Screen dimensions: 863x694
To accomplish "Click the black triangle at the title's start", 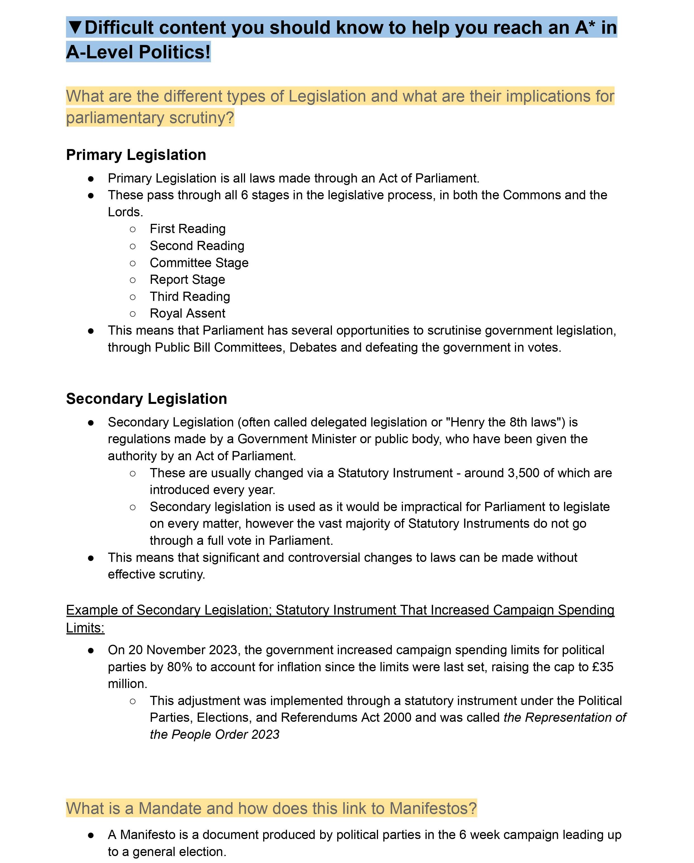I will pyautogui.click(x=75, y=27).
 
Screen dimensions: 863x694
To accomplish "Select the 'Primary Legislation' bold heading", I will pyautogui.click(x=136, y=155).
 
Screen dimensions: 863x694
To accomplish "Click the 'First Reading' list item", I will pyautogui.click(x=187, y=229).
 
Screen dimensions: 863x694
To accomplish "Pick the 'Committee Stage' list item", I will pyautogui.click(x=199, y=263).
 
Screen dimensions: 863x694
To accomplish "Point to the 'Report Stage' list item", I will pyautogui.click(x=187, y=279).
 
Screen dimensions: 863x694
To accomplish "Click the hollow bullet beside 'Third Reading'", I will pyautogui.click(x=133, y=297).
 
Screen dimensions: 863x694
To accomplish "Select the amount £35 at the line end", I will pyautogui.click(x=603, y=667).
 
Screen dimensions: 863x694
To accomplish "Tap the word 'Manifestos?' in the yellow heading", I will pyautogui.click(x=433, y=808).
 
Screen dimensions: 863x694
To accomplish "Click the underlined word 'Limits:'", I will pyautogui.click(x=85, y=628).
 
